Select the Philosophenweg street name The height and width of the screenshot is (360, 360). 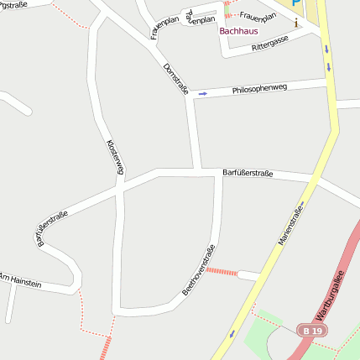(x=261, y=86)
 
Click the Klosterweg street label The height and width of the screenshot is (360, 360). (x=116, y=157)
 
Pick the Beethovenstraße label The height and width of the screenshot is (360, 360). (x=199, y=269)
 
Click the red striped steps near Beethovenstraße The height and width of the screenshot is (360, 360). (x=222, y=271)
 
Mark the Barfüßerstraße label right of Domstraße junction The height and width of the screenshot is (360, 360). (x=248, y=173)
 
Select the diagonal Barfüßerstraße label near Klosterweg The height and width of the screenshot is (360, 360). (x=53, y=229)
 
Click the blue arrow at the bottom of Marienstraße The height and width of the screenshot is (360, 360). (x=232, y=334)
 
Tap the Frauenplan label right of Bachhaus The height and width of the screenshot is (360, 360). (x=258, y=14)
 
